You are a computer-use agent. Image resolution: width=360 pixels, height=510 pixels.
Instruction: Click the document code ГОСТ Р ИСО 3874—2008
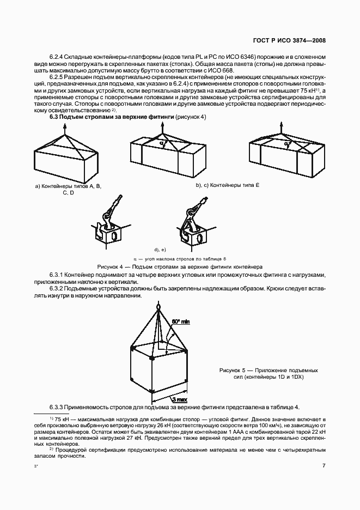(289, 40)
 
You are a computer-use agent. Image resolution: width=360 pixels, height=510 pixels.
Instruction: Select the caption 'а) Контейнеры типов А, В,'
(68, 186)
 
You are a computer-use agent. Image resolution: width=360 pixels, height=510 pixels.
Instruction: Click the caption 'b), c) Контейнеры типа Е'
(227, 186)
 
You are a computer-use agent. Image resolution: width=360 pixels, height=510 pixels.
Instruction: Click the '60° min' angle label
(180, 323)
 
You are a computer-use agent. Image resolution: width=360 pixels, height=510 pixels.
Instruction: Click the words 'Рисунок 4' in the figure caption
(112, 267)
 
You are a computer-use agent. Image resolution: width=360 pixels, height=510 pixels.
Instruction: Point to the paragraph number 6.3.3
(58, 407)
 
